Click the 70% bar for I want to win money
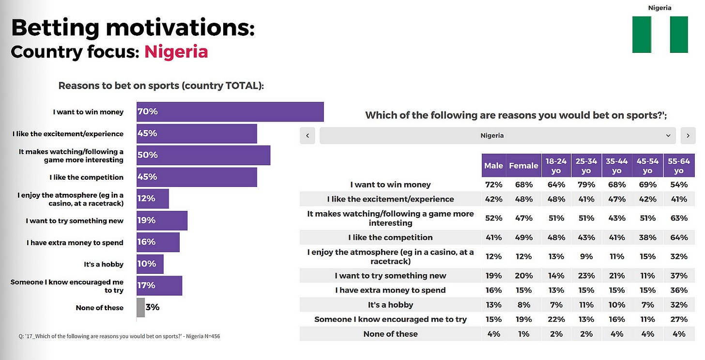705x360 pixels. click(x=230, y=112)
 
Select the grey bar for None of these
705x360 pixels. click(x=140, y=308)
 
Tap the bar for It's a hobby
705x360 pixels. click(x=150, y=264)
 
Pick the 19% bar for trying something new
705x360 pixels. click(x=162, y=220)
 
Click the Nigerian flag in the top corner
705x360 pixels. click(x=659, y=34)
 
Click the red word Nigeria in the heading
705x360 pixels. click(x=176, y=51)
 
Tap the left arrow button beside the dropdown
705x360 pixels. click(x=307, y=136)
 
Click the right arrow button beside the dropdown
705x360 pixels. click(x=688, y=136)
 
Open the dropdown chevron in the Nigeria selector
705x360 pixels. click(x=668, y=136)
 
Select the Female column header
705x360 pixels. click(x=523, y=166)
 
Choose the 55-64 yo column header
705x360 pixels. click(x=679, y=166)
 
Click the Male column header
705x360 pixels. click(x=493, y=166)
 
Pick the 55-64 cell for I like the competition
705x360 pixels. click(x=679, y=237)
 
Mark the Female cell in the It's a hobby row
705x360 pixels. click(x=523, y=305)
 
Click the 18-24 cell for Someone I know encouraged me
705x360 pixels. click(x=556, y=319)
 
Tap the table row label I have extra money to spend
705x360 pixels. click(x=390, y=290)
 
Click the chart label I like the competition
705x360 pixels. click(x=86, y=177)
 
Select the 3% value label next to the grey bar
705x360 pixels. click(x=153, y=308)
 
